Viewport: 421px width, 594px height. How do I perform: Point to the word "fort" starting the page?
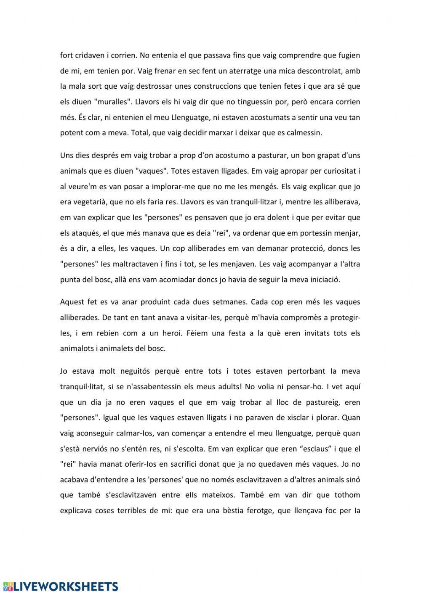67,55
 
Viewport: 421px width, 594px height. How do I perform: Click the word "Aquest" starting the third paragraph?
72,302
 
